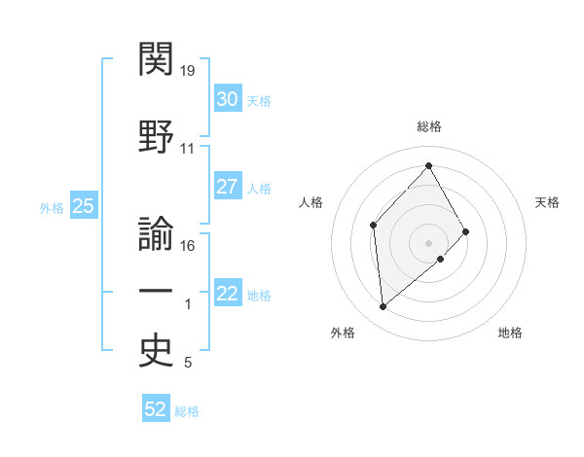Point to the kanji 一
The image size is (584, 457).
point(156,292)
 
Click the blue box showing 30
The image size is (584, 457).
point(227,99)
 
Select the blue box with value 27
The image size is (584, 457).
point(227,188)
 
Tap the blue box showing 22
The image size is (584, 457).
point(227,295)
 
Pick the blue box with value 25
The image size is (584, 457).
point(83,206)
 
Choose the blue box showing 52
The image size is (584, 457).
point(156,409)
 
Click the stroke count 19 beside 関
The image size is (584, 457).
point(189,71)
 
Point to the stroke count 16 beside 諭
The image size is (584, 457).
point(189,246)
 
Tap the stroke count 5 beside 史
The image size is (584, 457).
point(188,364)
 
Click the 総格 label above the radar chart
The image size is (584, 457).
point(429,126)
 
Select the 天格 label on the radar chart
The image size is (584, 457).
point(548,202)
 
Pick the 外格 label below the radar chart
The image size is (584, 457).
point(343,333)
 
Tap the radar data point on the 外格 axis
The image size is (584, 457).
point(383,307)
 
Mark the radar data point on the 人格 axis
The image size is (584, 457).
point(374,226)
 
